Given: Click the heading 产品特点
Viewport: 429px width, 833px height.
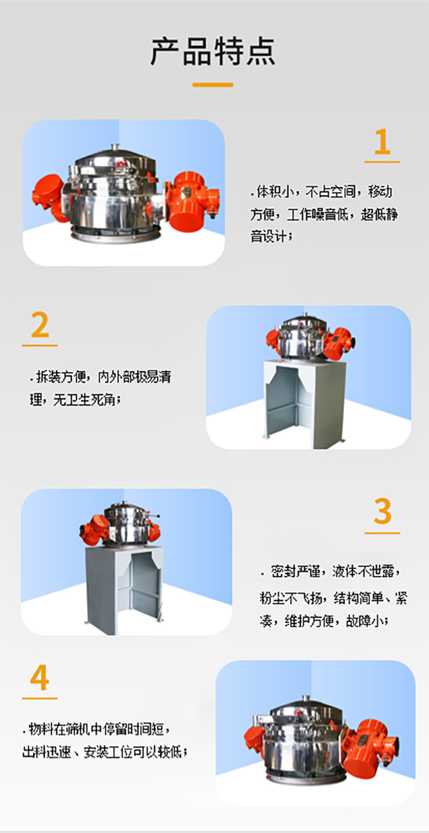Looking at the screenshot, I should click(x=213, y=51).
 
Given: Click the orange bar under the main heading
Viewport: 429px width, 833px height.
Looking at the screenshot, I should click(x=213, y=85).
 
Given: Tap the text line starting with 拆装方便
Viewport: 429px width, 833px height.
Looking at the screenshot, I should click(x=100, y=377).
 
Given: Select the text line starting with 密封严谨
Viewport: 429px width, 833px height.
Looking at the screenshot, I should click(x=332, y=571).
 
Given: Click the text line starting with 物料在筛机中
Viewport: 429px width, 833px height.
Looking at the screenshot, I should click(x=97, y=730).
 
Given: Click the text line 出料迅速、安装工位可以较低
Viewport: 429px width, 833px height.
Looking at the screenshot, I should click(x=105, y=751).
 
